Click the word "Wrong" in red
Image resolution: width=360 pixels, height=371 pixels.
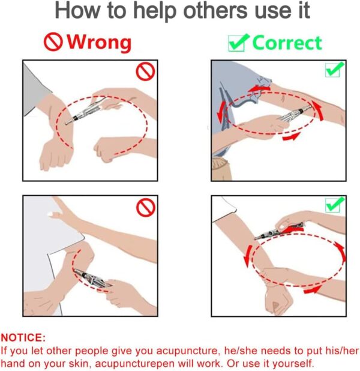[x=99, y=43]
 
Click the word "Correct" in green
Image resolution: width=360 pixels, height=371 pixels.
[x=287, y=43]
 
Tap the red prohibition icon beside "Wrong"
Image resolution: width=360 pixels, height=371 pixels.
[x=53, y=41]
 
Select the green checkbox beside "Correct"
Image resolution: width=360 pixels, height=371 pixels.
[x=238, y=43]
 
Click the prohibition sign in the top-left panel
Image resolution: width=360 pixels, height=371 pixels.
[x=145, y=71]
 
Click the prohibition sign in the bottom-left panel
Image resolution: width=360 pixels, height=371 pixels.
[x=146, y=207]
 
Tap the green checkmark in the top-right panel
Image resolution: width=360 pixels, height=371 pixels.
[x=334, y=69]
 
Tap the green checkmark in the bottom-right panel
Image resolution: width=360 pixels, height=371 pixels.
[x=334, y=205]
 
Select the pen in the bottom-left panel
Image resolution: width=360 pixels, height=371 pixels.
[x=93, y=279]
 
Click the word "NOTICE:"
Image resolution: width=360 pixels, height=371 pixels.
[x=23, y=337]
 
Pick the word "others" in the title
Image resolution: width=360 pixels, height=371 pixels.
[x=215, y=11]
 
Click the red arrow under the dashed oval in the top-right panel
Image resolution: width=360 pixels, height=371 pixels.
[x=292, y=136]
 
